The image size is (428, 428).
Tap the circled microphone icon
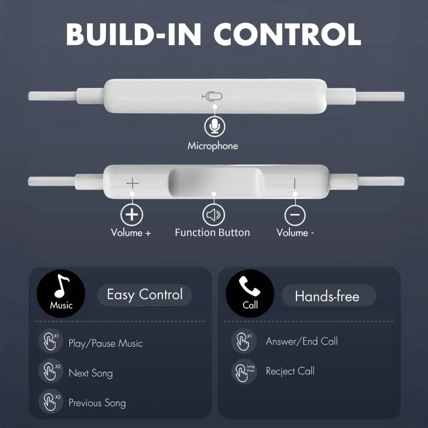click(214, 126)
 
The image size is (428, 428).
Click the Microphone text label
click(213, 146)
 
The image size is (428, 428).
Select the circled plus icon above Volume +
click(132, 214)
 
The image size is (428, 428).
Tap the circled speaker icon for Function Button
click(213, 215)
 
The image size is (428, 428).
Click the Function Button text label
click(212, 233)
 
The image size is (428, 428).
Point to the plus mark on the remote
click(132, 184)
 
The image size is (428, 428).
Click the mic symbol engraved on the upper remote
click(212, 97)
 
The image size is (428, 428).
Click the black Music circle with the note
click(61, 293)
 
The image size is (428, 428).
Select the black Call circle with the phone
click(250, 293)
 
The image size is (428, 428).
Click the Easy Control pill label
click(145, 295)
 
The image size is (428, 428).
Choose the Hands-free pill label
click(327, 296)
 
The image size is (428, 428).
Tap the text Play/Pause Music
click(106, 344)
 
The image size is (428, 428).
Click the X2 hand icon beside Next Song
click(50, 371)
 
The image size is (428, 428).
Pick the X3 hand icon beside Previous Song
click(50, 401)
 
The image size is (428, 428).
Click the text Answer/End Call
click(302, 342)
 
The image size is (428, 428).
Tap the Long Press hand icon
click(243, 371)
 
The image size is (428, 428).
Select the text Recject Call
click(290, 371)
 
